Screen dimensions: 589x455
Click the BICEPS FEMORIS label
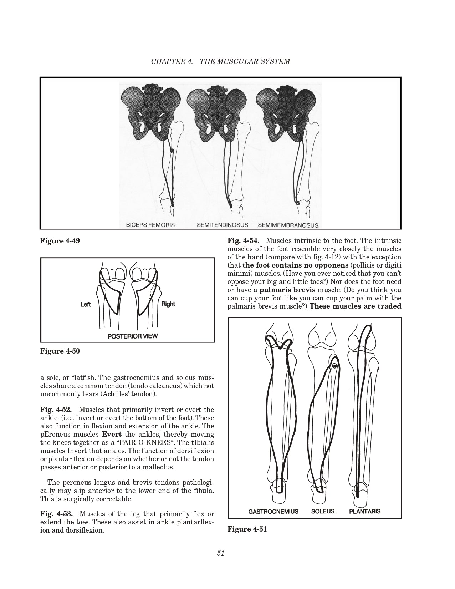tap(150, 225)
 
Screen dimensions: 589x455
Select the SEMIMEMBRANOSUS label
tap(288, 225)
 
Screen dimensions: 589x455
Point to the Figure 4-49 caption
tap(60, 241)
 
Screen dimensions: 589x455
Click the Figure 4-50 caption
tap(60, 351)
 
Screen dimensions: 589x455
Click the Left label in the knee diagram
tap(85, 305)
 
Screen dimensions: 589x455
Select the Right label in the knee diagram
tap(168, 304)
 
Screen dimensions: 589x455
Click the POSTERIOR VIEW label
tap(132, 336)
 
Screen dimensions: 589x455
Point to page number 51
tap(220, 553)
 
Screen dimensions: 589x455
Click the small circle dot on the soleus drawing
tap(334, 366)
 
